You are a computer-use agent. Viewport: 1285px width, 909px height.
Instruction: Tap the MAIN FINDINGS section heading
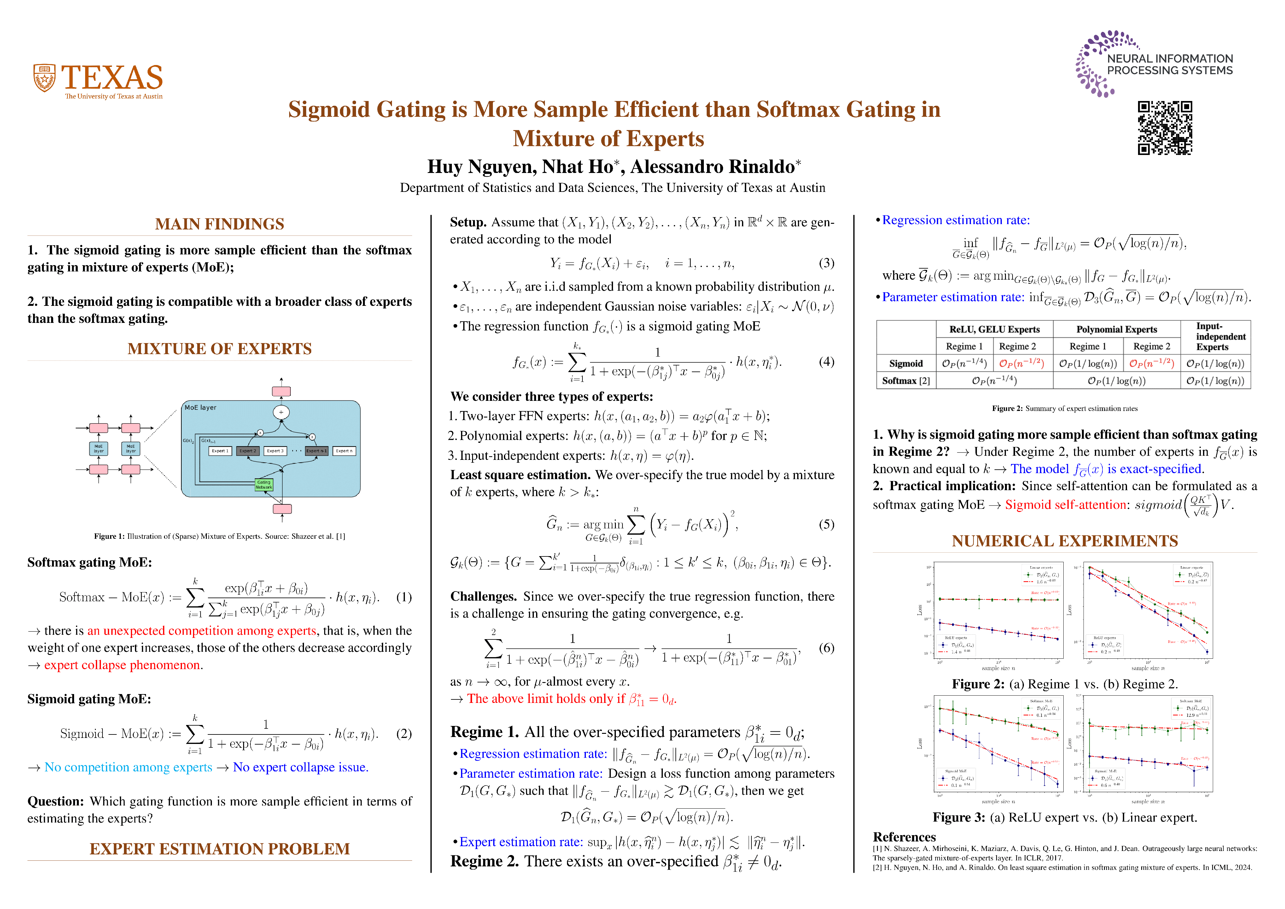coord(219,224)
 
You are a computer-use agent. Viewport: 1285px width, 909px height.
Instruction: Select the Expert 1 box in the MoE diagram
coord(220,451)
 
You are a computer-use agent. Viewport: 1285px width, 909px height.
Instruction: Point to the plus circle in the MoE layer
coord(281,412)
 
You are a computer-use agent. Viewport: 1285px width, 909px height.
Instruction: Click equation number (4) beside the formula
coord(826,362)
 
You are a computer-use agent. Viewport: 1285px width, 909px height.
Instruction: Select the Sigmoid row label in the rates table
coord(906,364)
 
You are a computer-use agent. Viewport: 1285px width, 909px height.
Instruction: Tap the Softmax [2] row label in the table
coord(906,381)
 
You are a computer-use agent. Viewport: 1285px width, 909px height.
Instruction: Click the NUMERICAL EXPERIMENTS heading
coord(1065,541)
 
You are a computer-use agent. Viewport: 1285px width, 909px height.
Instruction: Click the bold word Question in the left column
coord(55,801)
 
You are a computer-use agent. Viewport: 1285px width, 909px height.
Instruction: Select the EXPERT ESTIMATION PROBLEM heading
coord(219,849)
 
